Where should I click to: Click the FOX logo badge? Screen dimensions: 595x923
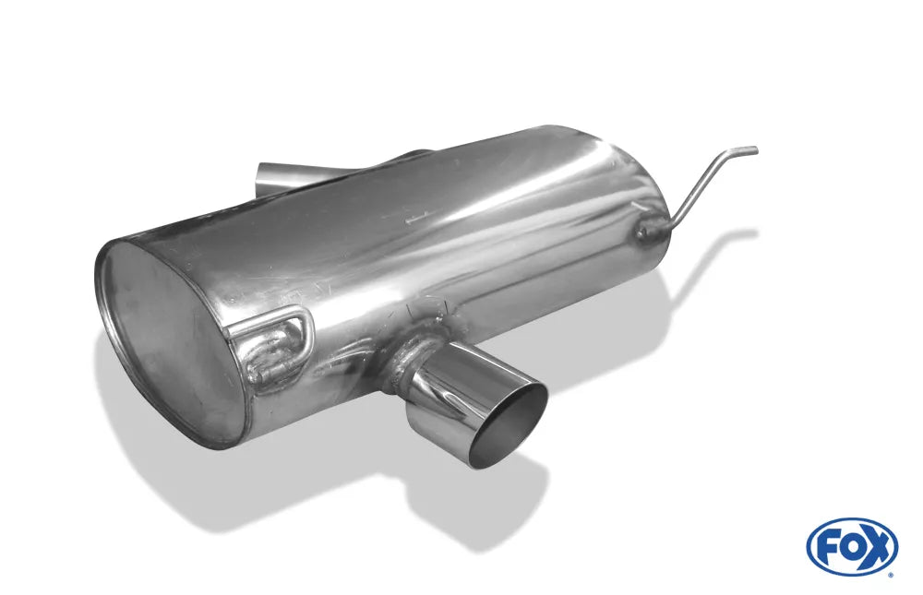(852, 546)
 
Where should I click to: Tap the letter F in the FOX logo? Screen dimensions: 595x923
(827, 546)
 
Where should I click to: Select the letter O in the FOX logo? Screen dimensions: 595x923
(851, 546)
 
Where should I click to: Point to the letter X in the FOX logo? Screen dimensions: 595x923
(877, 546)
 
